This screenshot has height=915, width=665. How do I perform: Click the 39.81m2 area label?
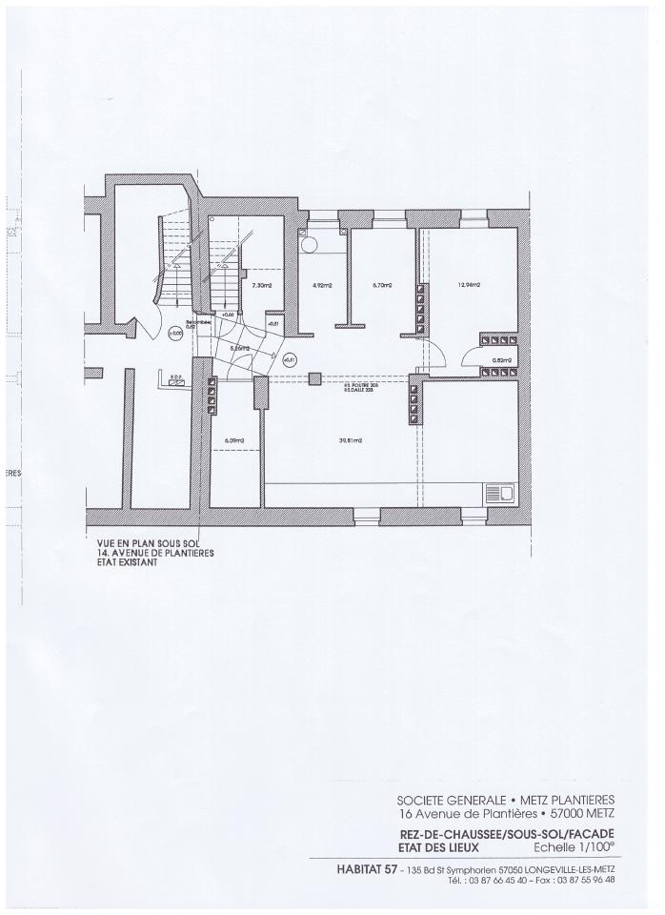339,440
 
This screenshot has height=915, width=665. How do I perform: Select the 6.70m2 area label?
380,285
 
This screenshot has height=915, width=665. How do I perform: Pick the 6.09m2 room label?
234,440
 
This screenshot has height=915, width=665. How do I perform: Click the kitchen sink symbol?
499,494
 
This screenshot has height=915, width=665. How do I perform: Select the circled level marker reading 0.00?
173,334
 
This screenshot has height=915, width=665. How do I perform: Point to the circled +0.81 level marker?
291,359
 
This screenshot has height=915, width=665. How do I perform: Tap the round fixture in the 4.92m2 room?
310,244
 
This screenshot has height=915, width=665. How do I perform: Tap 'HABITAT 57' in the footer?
369,867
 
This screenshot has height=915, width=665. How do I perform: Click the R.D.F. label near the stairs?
175,376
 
